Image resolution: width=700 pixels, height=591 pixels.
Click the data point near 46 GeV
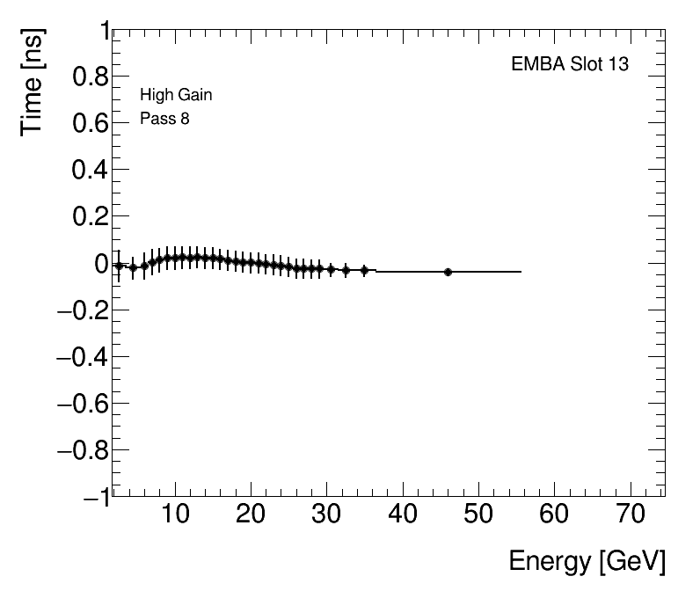(448, 272)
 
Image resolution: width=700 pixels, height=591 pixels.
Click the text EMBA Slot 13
(570, 65)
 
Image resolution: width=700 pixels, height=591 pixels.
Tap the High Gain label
(176, 95)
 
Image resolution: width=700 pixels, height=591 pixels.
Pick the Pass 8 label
(164, 119)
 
